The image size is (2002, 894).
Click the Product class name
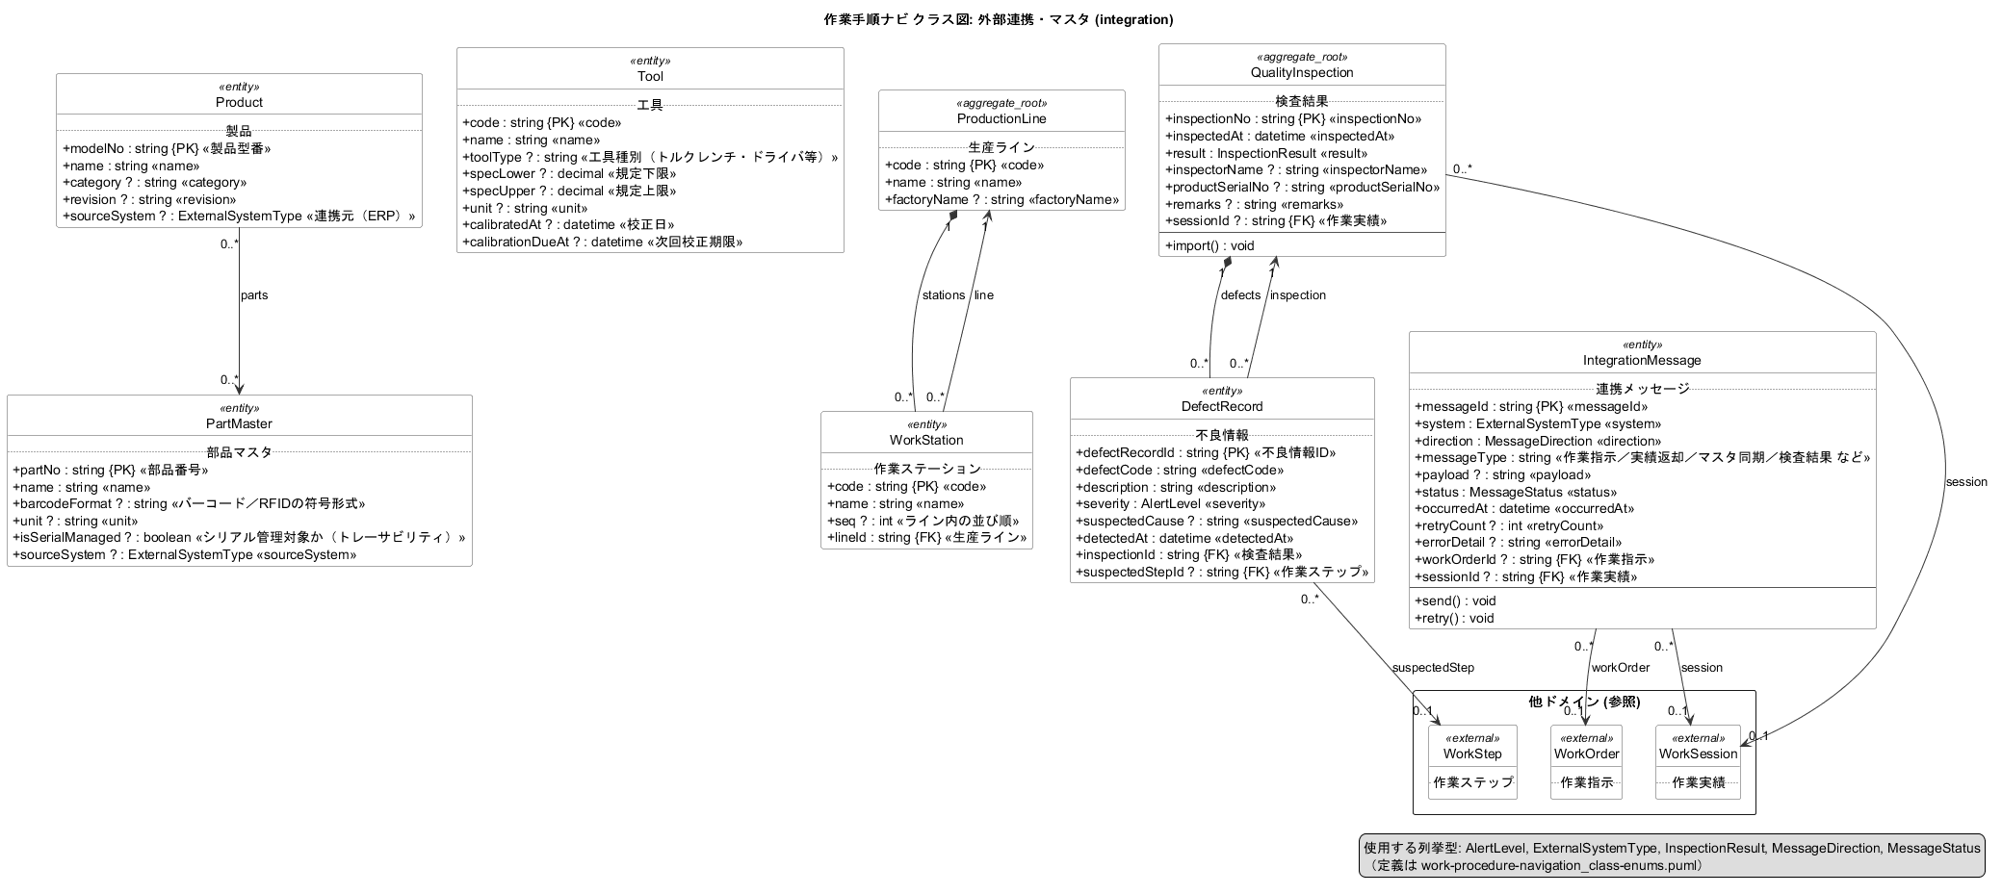(239, 102)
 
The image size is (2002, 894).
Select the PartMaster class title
(239, 423)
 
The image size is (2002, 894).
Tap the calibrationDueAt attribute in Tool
(603, 242)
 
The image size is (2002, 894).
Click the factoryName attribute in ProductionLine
(1002, 199)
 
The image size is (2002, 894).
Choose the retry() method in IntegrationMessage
(1454, 618)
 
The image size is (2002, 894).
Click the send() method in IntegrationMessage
(1455, 600)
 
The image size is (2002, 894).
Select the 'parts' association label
(254, 295)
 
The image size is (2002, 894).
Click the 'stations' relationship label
(943, 295)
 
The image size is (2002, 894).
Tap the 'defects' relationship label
(1240, 295)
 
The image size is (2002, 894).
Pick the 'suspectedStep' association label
(1433, 667)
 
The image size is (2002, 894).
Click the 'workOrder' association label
(1621, 667)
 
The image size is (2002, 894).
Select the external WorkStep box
(1472, 761)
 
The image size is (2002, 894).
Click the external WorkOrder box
(1586, 761)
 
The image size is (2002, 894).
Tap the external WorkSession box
(1698, 761)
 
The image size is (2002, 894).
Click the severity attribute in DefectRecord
(1171, 503)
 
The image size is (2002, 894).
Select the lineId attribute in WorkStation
(926, 537)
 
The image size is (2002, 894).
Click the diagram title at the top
(1000, 19)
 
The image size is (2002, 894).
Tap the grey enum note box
(1672, 856)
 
